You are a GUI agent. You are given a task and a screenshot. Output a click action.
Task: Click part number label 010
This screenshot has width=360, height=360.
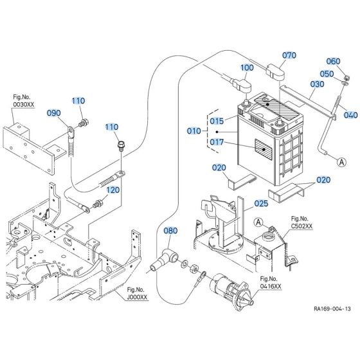click(x=194, y=131)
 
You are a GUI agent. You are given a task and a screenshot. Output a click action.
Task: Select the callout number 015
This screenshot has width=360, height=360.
click(x=216, y=121)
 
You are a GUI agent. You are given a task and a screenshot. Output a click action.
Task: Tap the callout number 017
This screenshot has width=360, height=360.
click(x=216, y=143)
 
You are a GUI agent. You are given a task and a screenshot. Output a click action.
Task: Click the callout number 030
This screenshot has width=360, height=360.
click(x=317, y=84)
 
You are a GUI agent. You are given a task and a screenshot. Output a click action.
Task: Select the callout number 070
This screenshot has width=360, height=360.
click(x=289, y=55)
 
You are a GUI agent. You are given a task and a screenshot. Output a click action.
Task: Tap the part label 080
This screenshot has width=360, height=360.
click(x=170, y=231)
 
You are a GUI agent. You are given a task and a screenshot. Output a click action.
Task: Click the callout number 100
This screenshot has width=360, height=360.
click(x=248, y=67)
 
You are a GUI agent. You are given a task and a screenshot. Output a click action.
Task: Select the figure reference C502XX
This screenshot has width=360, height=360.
click(x=302, y=226)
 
